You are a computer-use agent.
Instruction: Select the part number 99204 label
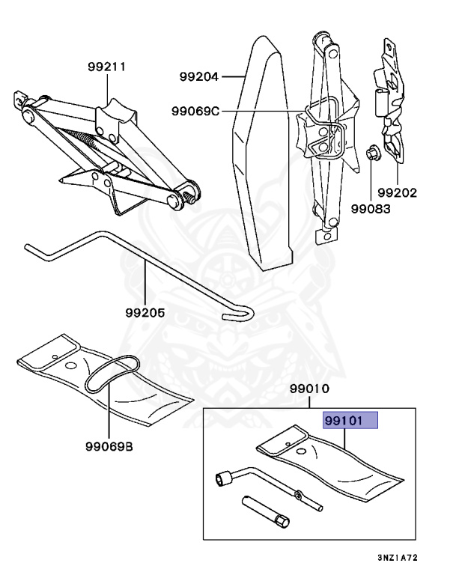point(198,76)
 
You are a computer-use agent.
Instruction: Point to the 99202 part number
point(398,192)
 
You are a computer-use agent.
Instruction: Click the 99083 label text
point(372,209)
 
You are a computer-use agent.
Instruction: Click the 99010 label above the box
point(308,389)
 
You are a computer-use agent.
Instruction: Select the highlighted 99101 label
point(350,421)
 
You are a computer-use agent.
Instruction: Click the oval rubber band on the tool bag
point(112,374)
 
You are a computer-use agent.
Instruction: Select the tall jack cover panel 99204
point(258,150)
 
